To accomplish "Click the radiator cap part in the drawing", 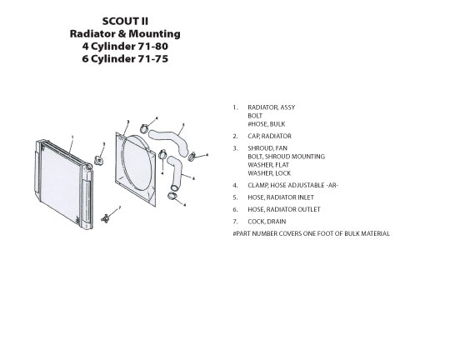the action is click(x=99, y=160).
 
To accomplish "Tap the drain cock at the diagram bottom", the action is click(x=105, y=219).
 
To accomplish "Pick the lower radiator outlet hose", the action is click(x=175, y=172).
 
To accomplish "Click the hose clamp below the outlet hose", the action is click(x=172, y=196).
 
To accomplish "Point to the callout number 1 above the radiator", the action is click(x=72, y=137).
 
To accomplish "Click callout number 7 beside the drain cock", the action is click(x=120, y=207).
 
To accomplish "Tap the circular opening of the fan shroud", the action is click(x=137, y=162).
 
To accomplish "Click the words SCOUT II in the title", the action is click(x=125, y=21).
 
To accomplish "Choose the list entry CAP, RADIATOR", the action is click(x=269, y=136).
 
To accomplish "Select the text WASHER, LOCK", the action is click(x=269, y=173).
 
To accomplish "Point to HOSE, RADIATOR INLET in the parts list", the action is click(x=281, y=197).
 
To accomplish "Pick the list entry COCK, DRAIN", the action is click(x=267, y=222).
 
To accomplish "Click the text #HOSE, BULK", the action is click(x=267, y=124).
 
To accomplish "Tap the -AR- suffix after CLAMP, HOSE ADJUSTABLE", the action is click(x=332, y=185).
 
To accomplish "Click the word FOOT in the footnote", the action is click(x=326, y=233).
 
